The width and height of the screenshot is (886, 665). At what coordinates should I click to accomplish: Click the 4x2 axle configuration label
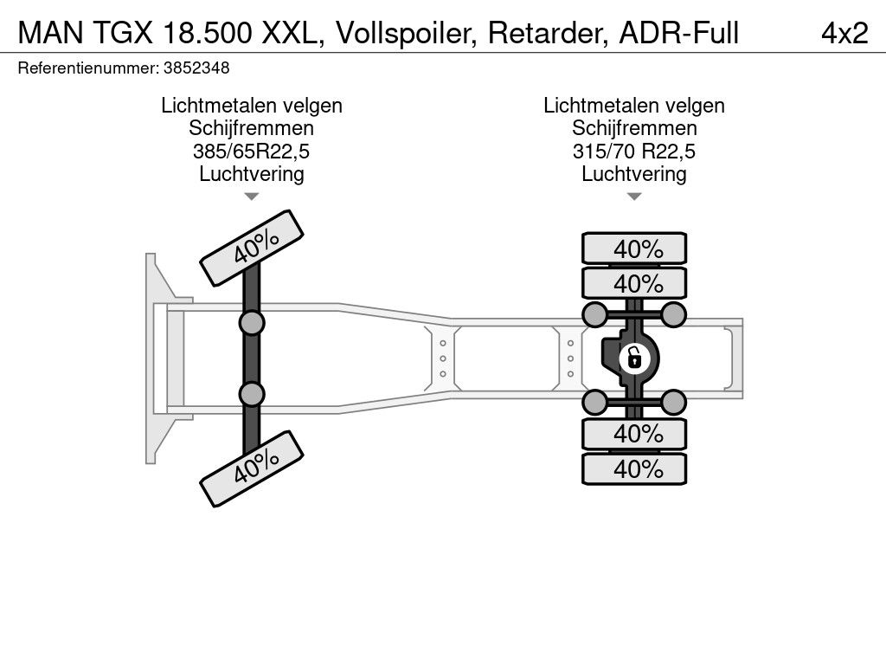[x=844, y=33]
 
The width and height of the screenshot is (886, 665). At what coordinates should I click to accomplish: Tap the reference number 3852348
[x=196, y=68]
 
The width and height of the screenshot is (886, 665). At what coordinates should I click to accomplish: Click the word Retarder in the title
[x=548, y=33]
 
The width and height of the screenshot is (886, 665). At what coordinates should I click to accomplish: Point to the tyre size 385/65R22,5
[x=252, y=152]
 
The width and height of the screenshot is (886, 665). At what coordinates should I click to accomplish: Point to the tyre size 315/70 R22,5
[x=634, y=152]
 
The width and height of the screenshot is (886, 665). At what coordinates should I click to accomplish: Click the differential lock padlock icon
[x=634, y=358]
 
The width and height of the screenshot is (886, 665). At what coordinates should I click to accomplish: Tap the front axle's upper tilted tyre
[x=252, y=249]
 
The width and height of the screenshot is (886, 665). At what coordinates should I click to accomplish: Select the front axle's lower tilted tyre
[x=252, y=468]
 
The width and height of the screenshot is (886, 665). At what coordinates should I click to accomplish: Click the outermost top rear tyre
[x=634, y=249]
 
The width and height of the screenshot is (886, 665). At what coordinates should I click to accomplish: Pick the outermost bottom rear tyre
[x=634, y=468]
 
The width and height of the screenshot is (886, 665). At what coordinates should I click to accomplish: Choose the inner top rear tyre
[x=634, y=283]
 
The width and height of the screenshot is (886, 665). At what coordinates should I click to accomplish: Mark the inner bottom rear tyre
[x=634, y=434]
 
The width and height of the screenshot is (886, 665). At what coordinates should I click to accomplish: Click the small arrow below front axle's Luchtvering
[x=252, y=197]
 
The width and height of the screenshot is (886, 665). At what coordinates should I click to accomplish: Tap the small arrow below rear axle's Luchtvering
[x=634, y=197]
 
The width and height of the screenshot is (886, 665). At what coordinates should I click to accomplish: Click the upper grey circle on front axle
[x=252, y=324]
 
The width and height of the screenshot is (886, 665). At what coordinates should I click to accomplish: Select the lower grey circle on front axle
[x=252, y=394]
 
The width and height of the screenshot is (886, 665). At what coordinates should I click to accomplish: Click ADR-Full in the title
[x=678, y=33]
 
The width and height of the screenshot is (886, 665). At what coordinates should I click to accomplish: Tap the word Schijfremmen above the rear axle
[x=634, y=128]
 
